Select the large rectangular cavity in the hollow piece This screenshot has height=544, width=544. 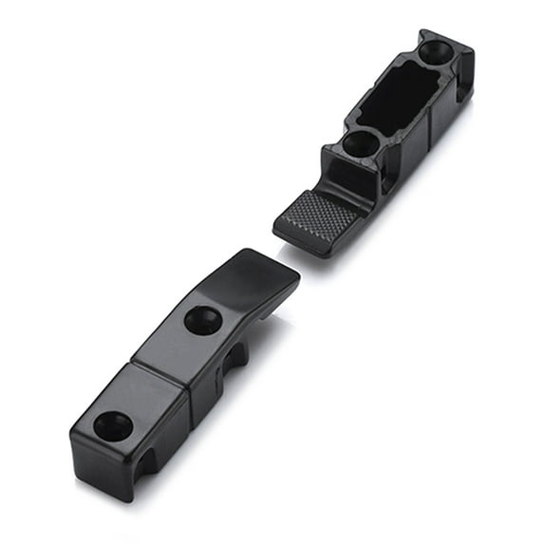[399, 95]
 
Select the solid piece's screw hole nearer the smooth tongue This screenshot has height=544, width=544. [202, 320]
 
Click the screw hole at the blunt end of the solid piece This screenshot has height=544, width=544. [113, 426]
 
